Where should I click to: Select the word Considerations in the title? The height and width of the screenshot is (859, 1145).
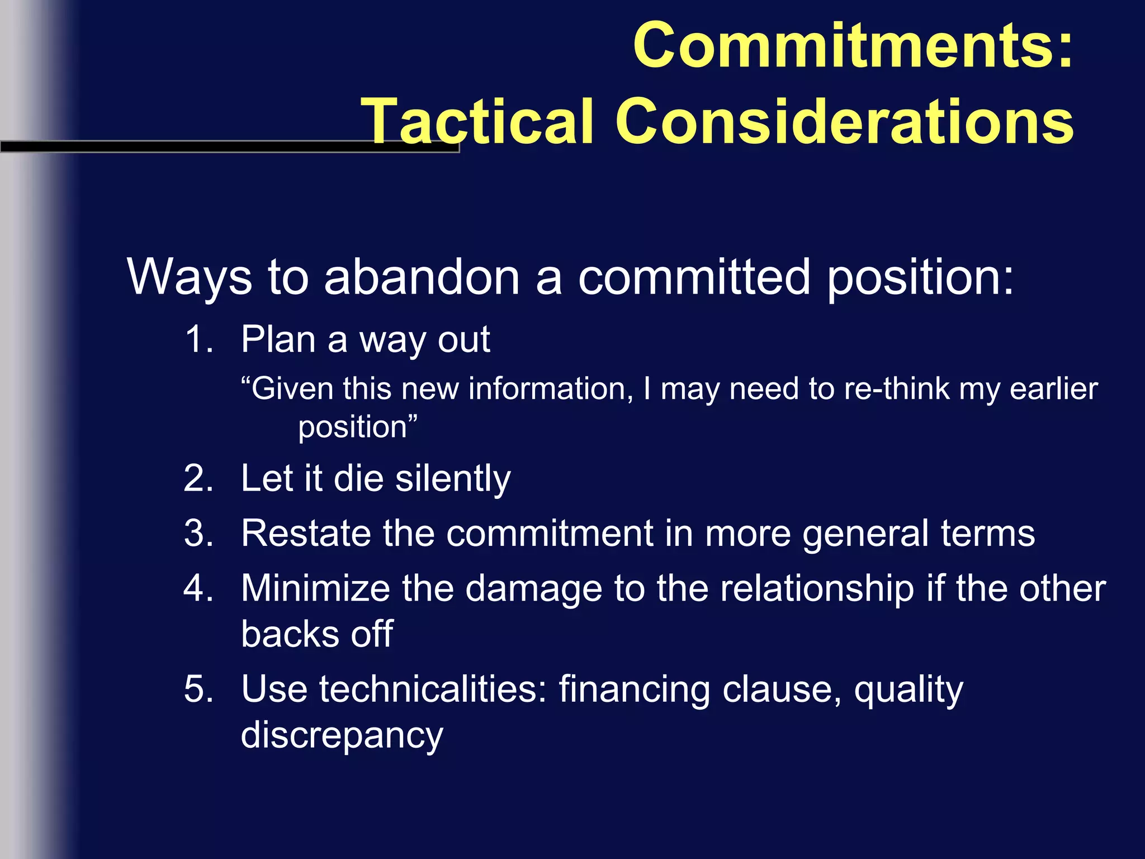(844, 121)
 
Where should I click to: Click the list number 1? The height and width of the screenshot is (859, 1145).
(198, 339)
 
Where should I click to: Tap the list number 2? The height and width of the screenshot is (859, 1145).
(198, 479)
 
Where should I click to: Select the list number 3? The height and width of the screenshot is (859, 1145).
(198, 534)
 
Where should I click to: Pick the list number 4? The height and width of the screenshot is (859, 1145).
(198, 589)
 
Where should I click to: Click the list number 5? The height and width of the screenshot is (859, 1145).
(198, 689)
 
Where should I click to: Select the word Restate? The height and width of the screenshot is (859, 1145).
(306, 534)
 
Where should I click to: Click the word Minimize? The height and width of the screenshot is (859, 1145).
(315, 589)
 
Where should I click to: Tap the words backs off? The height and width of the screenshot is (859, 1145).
(317, 634)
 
